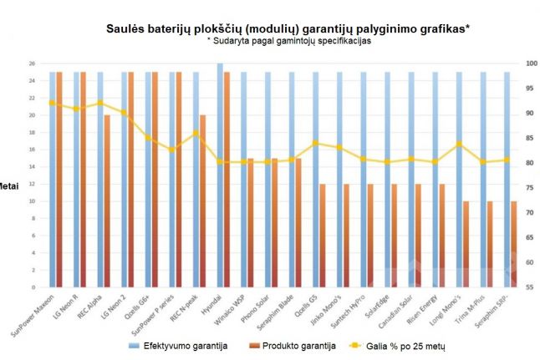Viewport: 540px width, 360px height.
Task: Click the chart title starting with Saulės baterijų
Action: [288, 28]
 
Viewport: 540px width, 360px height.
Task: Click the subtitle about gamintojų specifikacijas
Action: [288, 41]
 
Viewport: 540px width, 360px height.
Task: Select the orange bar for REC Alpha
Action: [107, 200]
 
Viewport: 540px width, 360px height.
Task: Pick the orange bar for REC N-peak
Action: [203, 200]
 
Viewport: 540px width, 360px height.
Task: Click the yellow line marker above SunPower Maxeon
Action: [52, 103]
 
